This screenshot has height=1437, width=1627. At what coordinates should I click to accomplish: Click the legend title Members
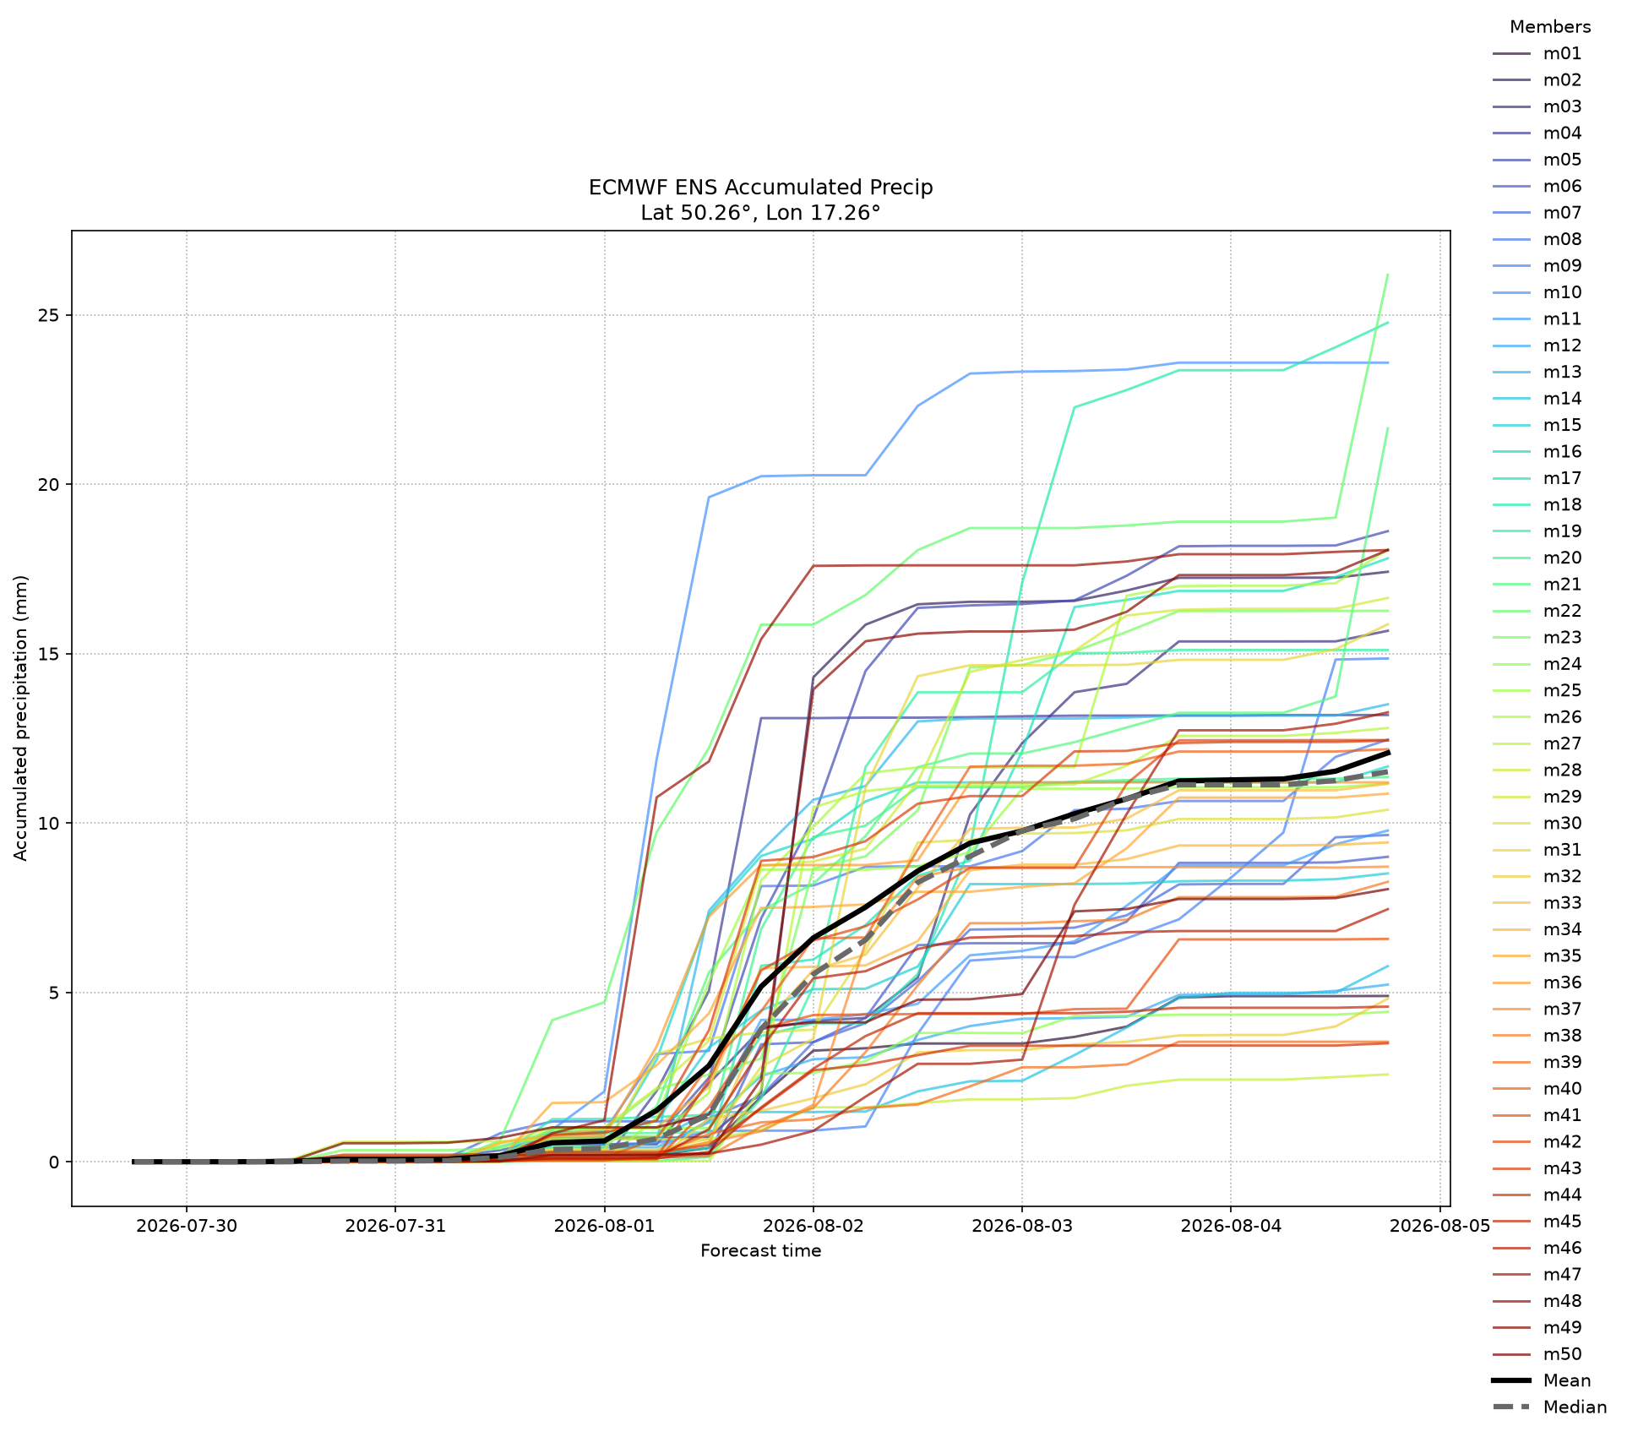pyautogui.click(x=1550, y=26)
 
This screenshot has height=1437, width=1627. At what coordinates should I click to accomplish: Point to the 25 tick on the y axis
pyautogui.click(x=51, y=315)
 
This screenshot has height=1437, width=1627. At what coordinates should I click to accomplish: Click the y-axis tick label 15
pyautogui.click(x=51, y=654)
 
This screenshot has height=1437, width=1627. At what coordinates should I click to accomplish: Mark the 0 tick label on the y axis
pyautogui.click(x=57, y=1162)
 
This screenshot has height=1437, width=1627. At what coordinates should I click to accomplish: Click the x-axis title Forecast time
pyautogui.click(x=760, y=1250)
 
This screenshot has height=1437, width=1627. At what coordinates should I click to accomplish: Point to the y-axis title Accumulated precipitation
pyautogui.click(x=21, y=718)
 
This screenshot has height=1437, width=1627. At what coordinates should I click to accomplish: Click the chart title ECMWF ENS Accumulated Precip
pyautogui.click(x=760, y=188)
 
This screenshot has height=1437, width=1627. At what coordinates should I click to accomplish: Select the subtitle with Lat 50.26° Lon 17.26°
pyautogui.click(x=760, y=213)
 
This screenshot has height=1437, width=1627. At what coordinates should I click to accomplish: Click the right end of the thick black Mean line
pyautogui.click(x=1388, y=752)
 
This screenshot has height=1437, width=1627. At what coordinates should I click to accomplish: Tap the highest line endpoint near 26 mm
pyautogui.click(x=1388, y=275)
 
